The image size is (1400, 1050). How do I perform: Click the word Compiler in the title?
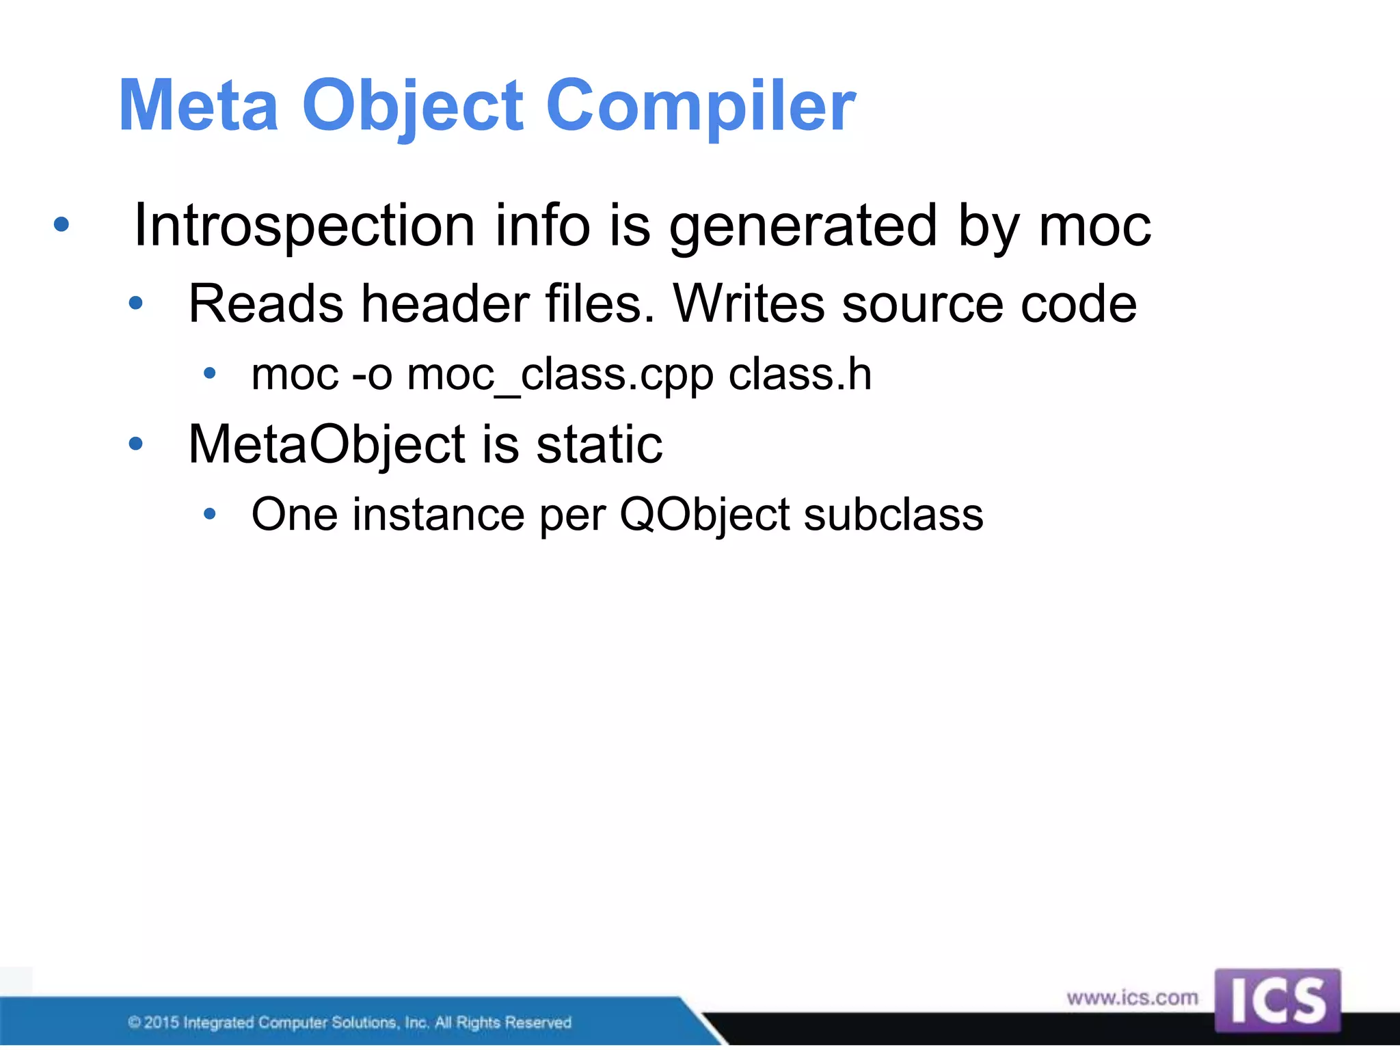pyautogui.click(x=700, y=106)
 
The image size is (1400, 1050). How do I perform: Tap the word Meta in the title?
pyautogui.click(x=198, y=106)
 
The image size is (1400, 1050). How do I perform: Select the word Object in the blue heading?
pyautogui.click(x=412, y=106)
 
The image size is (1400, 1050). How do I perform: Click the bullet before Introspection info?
pyautogui.click(x=62, y=224)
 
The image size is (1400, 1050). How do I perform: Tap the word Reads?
pyautogui.click(x=265, y=304)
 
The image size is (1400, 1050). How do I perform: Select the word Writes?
pyautogui.click(x=749, y=304)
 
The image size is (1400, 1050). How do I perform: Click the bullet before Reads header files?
pyautogui.click(x=135, y=303)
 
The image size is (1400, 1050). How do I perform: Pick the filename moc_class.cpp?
pyautogui.click(x=560, y=375)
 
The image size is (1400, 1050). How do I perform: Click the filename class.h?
pyautogui.click(x=800, y=375)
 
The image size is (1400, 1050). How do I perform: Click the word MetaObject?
pyautogui.click(x=327, y=444)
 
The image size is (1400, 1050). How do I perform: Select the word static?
pyautogui.click(x=599, y=444)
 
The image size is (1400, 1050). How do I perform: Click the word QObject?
pyautogui.click(x=704, y=515)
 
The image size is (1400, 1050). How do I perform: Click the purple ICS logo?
pyautogui.click(x=1277, y=1000)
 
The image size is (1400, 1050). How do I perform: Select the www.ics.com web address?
pyautogui.click(x=1132, y=998)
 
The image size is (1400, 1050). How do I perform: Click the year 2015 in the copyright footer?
pyautogui.click(x=161, y=1023)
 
